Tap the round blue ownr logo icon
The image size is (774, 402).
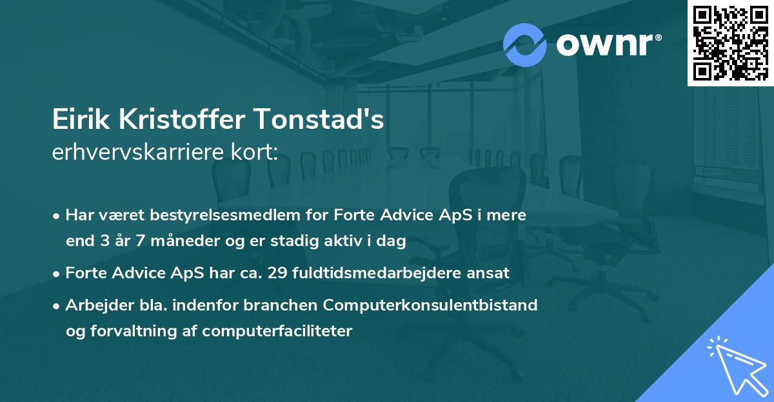pyautogui.click(x=525, y=45)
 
